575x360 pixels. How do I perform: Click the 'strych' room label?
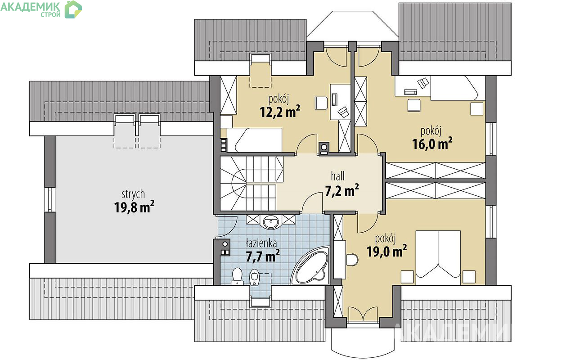pos(133,194)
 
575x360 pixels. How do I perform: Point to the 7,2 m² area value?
pos(341,191)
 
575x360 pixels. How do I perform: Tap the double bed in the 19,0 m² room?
pos(438,254)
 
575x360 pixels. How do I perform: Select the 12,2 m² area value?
pos(280,111)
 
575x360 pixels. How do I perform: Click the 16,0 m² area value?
pos(432,144)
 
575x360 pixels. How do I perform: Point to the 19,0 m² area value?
pos(387,251)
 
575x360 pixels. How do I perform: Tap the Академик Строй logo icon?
pos(73,9)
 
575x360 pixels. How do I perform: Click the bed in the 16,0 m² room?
pos(454,88)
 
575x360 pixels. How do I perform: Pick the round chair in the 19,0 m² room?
pos(352,260)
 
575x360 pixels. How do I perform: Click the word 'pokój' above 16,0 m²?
pos(431,131)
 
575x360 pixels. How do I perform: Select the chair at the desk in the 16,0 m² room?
pos(414,105)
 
